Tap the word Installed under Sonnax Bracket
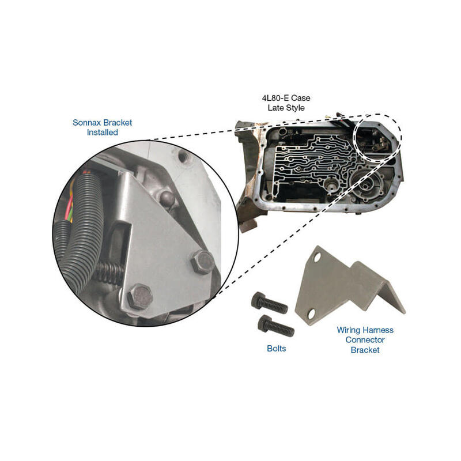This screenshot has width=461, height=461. [x=103, y=133]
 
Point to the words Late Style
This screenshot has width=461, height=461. [x=286, y=108]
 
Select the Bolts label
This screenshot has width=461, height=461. [x=277, y=349]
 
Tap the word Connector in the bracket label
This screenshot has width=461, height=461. [x=365, y=340]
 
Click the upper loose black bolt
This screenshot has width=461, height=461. [x=269, y=303]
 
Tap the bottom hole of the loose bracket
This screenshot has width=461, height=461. [x=311, y=314]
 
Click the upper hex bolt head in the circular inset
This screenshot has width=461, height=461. [x=203, y=262]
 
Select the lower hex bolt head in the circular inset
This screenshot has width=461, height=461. [x=140, y=297]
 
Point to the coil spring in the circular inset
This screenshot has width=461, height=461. [x=111, y=273]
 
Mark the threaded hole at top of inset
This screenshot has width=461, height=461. [x=183, y=157]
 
